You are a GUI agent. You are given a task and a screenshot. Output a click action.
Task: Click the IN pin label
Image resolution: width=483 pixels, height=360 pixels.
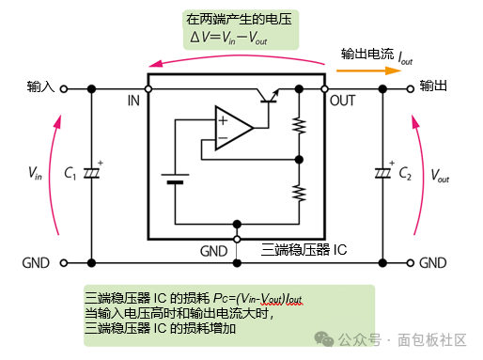coord(133,101)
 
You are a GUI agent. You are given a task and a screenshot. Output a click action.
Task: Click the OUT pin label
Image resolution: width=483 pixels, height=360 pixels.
coord(342,101)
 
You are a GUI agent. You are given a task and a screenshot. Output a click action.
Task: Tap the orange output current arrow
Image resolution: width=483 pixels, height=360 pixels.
coord(368,70)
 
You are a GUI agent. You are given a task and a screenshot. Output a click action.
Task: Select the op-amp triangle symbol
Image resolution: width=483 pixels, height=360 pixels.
coord(234,128)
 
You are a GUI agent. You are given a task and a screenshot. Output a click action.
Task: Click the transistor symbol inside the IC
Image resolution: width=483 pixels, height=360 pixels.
coord(268,96)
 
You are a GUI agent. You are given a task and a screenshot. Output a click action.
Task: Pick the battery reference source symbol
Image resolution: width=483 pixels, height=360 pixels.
coord(175,179)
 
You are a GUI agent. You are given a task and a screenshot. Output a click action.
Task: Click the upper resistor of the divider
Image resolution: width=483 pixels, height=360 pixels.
coord(299,126)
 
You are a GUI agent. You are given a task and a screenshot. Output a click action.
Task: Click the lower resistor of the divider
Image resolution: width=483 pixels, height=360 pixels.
coord(299,193)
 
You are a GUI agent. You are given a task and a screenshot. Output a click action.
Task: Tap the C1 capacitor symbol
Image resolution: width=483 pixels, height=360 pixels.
coord(91,173)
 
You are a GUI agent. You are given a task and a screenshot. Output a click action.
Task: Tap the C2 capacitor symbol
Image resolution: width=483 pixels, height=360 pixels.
coord(382,173)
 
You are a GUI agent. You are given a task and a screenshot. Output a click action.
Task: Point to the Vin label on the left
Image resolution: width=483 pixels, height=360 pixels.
coord(35,173)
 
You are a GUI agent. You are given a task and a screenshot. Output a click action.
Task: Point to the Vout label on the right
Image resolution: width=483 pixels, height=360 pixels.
coord(440,176)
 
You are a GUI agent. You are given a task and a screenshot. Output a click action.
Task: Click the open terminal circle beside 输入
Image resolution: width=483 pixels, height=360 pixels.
coord(64,89)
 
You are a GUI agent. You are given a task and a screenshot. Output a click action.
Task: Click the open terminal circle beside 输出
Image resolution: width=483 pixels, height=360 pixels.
coord(411,89)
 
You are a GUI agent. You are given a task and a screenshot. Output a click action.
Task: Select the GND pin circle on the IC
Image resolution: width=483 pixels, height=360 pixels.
coord(237,240)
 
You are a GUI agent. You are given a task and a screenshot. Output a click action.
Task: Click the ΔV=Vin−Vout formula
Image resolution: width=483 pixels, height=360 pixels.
coord(228,39)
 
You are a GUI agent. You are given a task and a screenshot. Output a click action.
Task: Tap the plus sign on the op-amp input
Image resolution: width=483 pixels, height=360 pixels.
coord(223,120)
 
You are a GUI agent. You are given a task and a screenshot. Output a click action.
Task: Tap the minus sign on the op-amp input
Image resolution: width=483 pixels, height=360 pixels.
coord(223,138)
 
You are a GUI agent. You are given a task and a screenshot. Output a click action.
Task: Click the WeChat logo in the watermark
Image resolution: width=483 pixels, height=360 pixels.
coord(324,339)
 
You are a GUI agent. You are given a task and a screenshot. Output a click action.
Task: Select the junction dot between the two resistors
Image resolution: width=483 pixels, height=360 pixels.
coord(299,160)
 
